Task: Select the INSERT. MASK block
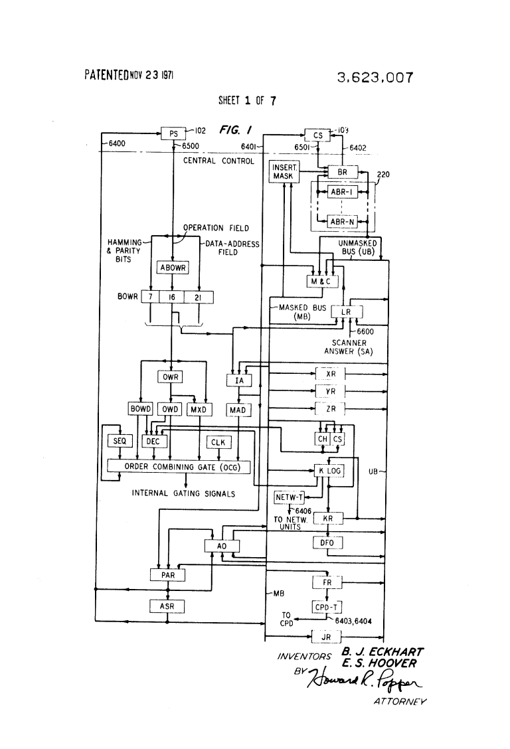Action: [x=284, y=172]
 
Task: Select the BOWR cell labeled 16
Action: [x=171, y=297]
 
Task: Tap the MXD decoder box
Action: [x=199, y=410]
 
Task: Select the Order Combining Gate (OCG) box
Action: [x=178, y=467]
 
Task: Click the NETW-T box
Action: [x=288, y=496]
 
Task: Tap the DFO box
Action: [x=327, y=543]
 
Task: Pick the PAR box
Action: [x=167, y=575]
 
